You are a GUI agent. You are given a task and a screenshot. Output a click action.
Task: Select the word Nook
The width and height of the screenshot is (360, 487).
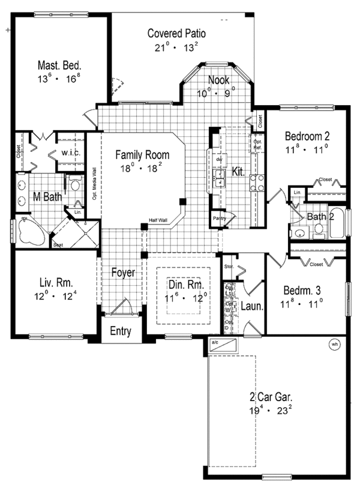(x=218, y=80)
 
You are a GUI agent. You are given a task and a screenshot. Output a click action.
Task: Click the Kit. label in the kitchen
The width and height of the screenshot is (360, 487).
(x=238, y=172)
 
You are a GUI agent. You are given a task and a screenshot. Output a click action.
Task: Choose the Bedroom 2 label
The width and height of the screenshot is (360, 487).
(x=307, y=136)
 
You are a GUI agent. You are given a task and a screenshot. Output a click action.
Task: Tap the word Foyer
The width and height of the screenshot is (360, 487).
(x=123, y=273)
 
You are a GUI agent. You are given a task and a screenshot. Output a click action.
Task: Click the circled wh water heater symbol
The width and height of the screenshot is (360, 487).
(x=334, y=345)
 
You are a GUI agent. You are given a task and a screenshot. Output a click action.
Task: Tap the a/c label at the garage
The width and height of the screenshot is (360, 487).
(x=215, y=342)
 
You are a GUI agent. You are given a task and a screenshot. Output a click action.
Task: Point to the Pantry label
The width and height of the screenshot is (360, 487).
(x=218, y=219)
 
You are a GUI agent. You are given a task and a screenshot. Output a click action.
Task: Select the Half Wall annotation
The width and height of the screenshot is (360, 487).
(x=159, y=220)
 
